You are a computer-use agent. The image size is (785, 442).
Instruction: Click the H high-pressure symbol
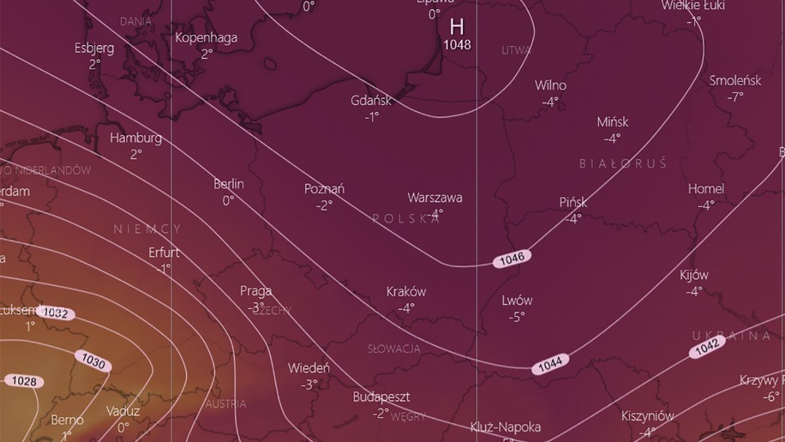pos(457,27)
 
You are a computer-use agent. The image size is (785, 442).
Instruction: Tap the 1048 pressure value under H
pos(457,45)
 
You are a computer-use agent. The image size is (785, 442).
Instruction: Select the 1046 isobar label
pos(512,258)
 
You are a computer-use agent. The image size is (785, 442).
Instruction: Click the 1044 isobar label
pos(549,364)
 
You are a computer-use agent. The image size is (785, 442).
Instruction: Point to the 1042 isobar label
pos(706,347)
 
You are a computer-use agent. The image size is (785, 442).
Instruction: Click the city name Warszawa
pos(435,197)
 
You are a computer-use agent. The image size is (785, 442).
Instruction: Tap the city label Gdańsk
pos(371,101)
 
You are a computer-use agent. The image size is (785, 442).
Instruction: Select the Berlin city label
pos(228,184)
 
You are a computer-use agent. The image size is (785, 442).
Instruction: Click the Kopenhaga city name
pos(206,38)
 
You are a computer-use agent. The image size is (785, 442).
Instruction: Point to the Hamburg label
pos(135,138)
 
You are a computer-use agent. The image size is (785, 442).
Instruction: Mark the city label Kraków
pos(406,291)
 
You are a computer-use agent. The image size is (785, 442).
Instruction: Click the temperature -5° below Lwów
pos(517,317)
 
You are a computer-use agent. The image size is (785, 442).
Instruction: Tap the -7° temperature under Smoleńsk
pos(735,97)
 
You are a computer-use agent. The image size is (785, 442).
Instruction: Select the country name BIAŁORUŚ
pos(623,163)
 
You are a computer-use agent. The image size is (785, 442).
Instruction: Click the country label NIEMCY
pos(147,229)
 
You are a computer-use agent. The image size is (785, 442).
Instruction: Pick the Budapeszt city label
pos(381,397)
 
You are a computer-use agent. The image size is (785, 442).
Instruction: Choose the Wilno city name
pos(550,86)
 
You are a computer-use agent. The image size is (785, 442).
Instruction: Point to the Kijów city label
pos(693,276)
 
